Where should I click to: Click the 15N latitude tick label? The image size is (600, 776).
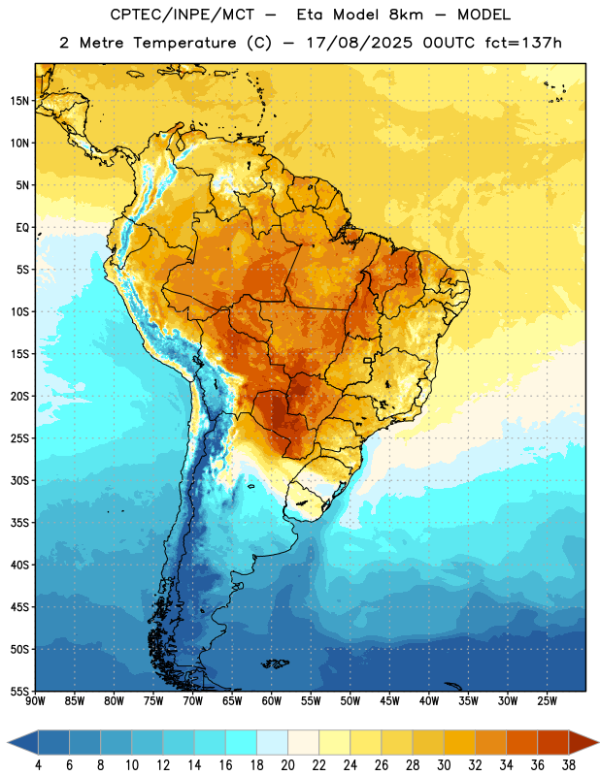coord(19,101)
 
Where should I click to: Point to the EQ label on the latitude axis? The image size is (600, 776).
coord(22,228)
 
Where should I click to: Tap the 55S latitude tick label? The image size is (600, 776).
coord(19,691)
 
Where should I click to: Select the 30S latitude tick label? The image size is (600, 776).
coord(19,480)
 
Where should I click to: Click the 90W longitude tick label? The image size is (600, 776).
coord(35,700)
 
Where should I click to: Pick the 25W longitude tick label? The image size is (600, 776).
coord(547,700)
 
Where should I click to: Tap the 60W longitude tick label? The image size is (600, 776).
coord(272,700)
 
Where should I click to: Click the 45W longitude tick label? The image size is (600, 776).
coord(389,700)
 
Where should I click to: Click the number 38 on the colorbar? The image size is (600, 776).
coord(569,765)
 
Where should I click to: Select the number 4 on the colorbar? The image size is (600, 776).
coord(38,765)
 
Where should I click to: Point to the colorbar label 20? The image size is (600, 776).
coord(287,765)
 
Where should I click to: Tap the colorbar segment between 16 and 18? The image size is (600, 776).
coord(241,742)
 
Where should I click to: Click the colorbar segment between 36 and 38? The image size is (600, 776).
coord(553,742)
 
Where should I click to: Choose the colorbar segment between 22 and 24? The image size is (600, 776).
coord(334,742)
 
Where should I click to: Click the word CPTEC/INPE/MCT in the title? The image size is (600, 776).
coord(183,15)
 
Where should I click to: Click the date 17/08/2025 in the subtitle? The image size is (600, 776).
coord(359,43)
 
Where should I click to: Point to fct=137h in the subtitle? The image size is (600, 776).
coord(523,43)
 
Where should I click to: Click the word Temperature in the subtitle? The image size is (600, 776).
coord(184,43)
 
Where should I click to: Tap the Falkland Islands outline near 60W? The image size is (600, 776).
coord(276,663)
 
